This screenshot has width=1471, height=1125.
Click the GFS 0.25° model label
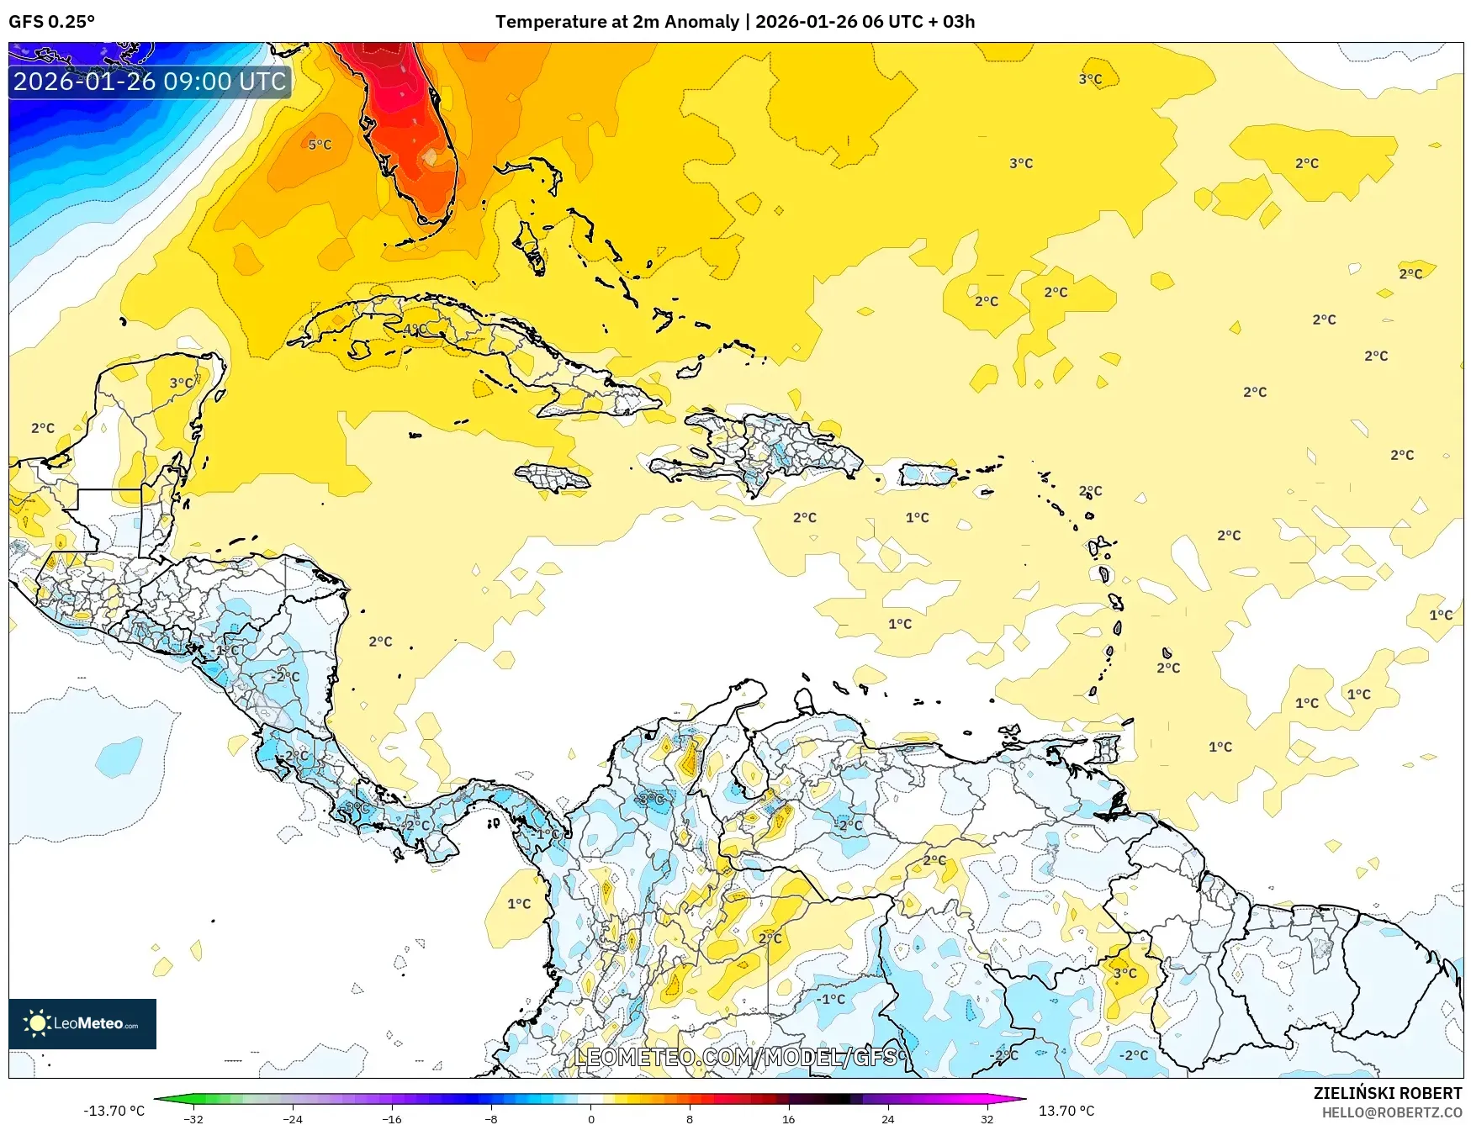pos(51,22)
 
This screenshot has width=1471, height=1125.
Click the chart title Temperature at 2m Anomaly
pos(616,22)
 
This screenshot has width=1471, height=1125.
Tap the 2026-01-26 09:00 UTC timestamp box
pos(150,82)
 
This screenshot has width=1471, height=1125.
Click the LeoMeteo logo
pos(82,1023)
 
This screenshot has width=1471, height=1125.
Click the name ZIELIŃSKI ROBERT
pos(1387,1093)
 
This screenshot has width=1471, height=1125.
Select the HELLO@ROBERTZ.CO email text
pos(1391,1112)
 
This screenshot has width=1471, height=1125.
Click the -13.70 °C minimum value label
pos(114,1111)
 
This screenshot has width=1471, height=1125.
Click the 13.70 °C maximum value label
pos(1066,1111)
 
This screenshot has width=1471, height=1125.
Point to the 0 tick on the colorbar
pos(591,1118)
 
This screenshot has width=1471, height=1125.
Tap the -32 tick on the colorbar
pos(193,1118)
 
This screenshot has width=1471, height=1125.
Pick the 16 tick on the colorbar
pos(788,1118)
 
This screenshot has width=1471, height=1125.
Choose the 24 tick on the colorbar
pos(887,1118)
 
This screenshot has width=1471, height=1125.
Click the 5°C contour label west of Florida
pos(320,145)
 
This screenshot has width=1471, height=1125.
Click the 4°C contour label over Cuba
pos(415,329)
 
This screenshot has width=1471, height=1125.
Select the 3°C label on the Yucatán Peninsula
pos(181,383)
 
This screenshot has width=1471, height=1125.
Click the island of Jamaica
pos(553,478)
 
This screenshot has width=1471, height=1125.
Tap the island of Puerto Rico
pos(927,475)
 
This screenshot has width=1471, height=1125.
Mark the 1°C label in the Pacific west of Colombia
pos(519,904)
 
